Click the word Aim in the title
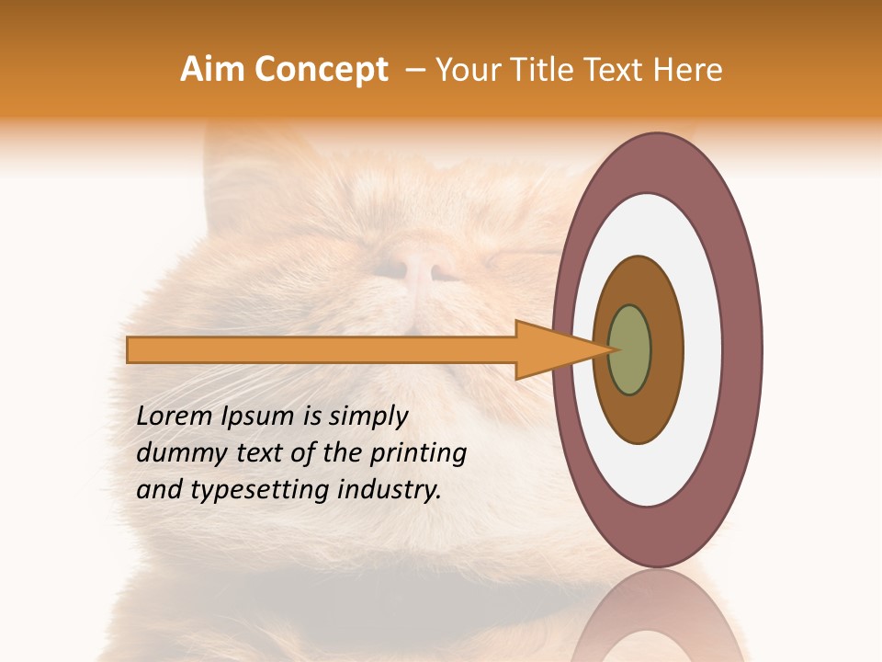pyautogui.click(x=212, y=70)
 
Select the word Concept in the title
pyautogui.click(x=322, y=70)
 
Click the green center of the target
pyautogui.click(x=630, y=349)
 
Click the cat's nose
pyautogui.click(x=418, y=269)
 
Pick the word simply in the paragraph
pyautogui.click(x=367, y=417)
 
